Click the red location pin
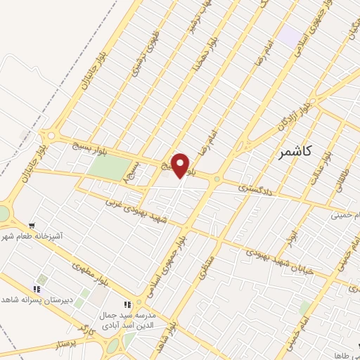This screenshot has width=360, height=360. coord(181,166)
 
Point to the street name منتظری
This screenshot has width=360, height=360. coord(204,266)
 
